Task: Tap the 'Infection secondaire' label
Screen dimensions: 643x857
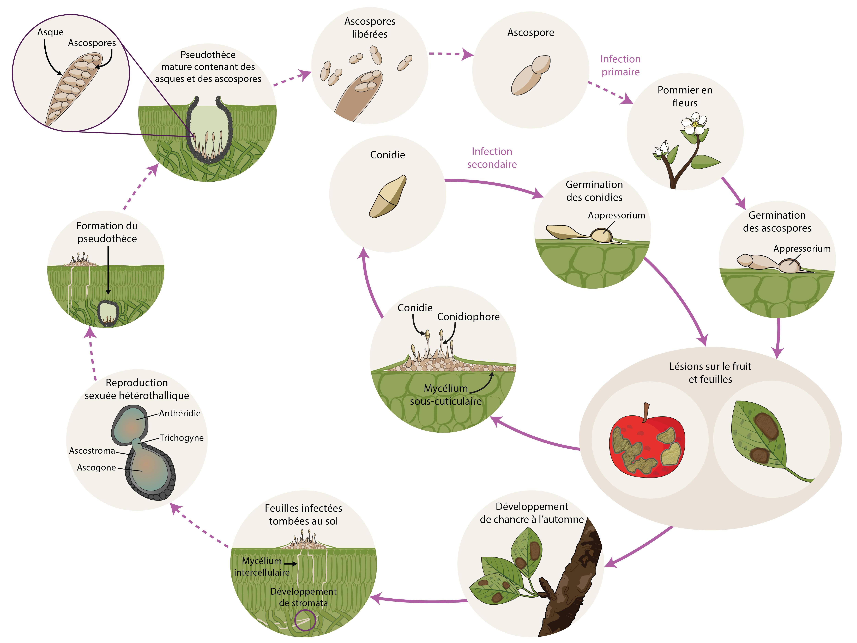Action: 492,158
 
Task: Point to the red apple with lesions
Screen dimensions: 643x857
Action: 647,445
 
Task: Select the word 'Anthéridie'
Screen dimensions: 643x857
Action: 180,413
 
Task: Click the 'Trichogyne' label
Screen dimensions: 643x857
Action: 181,438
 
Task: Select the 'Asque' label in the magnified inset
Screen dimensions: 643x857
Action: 50,32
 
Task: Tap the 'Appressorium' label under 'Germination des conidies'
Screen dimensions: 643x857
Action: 616,216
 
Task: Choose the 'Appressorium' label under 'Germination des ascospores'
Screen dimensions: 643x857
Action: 802,248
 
